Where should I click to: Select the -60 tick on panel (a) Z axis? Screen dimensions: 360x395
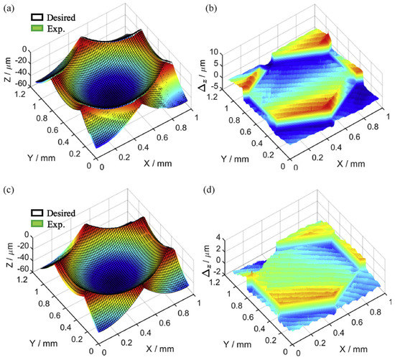click(22, 83)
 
